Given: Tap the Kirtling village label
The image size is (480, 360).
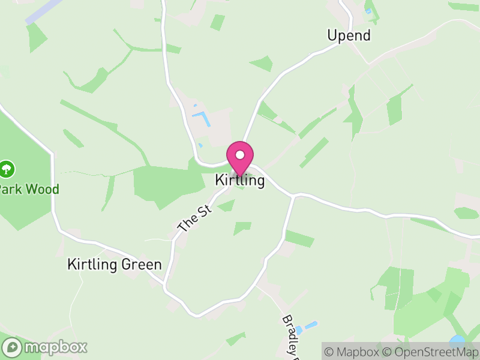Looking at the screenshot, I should coord(240,181).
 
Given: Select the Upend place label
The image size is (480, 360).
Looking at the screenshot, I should coord(349,35).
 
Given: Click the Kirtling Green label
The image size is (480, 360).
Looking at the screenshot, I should coord(115,264).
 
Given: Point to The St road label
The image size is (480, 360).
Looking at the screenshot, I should coord(196,218).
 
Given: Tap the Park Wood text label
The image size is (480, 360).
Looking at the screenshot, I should coord(29,190).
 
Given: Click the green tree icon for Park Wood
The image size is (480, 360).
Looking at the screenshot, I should coord(7,169).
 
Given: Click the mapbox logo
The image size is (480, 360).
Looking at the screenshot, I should coord(45,347).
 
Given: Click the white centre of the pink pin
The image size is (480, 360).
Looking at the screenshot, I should coord(240,155).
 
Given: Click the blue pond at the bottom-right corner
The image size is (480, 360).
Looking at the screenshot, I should coord(458,341).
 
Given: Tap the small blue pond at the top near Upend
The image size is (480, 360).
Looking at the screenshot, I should coord(368,10).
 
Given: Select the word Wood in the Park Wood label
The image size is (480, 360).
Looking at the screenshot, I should coord(45,190).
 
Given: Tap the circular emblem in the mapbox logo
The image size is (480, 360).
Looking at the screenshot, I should coord(12,347).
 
